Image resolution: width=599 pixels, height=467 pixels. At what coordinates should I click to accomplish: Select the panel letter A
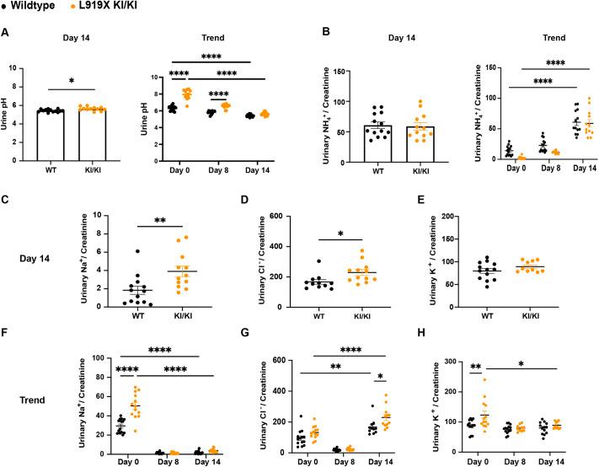(x=7, y=33)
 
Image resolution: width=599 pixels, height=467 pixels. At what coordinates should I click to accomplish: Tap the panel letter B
(x=309, y=33)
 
